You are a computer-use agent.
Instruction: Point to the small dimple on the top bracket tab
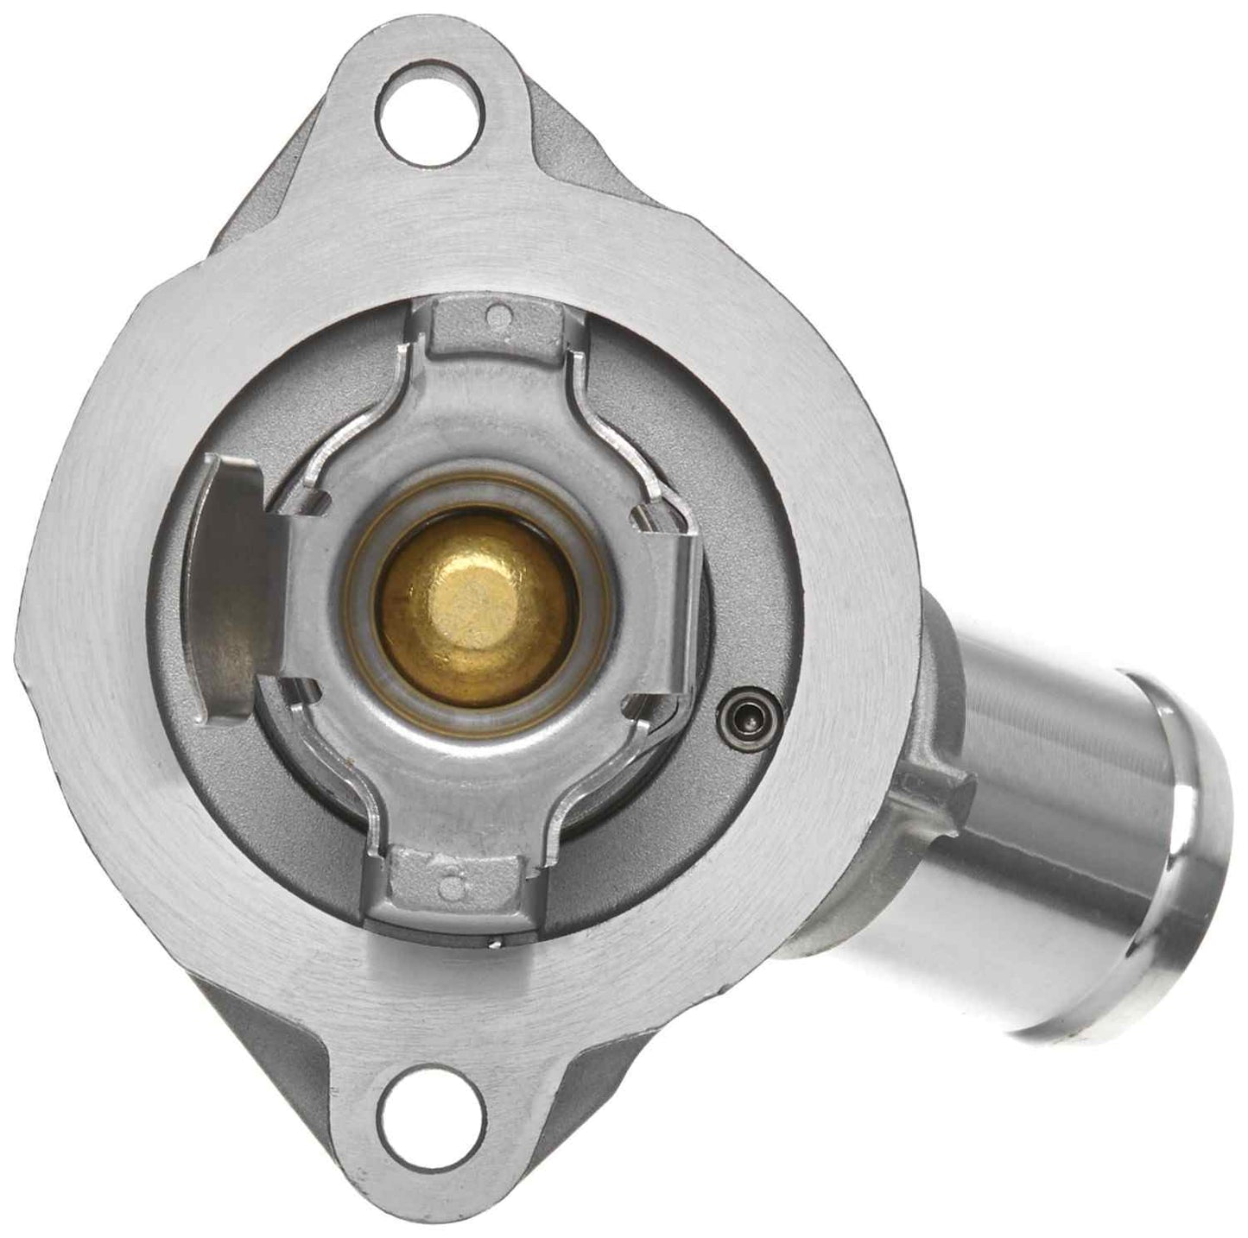pyautogui.click(x=495, y=316)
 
